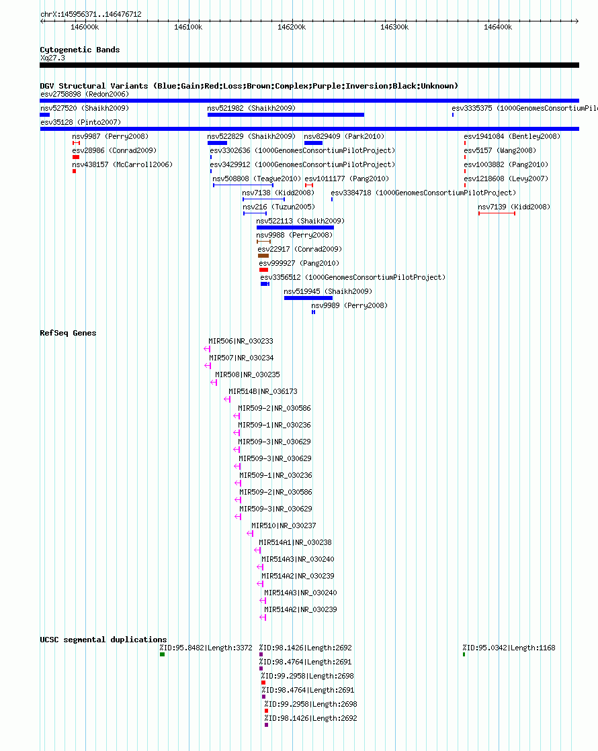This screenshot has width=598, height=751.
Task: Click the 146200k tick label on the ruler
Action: click(292, 28)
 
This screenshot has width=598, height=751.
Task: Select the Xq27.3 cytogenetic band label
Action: click(53, 58)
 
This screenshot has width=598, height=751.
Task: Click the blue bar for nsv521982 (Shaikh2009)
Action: click(286, 115)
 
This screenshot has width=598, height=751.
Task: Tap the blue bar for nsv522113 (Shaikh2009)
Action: click(295, 228)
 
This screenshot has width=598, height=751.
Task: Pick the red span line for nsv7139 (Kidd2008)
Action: click(497, 213)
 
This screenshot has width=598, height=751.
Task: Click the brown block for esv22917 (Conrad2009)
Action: click(263, 256)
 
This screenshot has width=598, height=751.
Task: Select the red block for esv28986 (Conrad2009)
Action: click(76, 157)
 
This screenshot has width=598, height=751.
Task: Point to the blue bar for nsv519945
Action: click(308, 298)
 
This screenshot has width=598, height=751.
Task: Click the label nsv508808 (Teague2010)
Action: click(257, 179)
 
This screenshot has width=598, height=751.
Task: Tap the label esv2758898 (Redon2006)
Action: click(85, 95)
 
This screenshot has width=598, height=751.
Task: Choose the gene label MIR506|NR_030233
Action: click(241, 341)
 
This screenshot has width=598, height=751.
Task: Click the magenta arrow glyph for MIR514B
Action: click(227, 399)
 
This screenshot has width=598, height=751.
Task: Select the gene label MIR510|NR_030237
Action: click(284, 525)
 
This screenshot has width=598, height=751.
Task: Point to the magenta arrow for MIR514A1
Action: click(257, 550)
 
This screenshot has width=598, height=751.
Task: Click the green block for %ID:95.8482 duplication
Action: click(163, 654)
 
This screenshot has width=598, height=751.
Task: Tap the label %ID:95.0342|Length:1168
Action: click(509, 648)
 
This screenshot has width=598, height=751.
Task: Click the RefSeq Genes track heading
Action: click(68, 333)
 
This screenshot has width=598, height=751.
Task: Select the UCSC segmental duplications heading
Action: click(103, 640)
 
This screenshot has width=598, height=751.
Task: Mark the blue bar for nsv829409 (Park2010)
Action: click(313, 143)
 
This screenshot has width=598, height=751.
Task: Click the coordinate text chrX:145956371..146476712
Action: click(91, 14)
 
